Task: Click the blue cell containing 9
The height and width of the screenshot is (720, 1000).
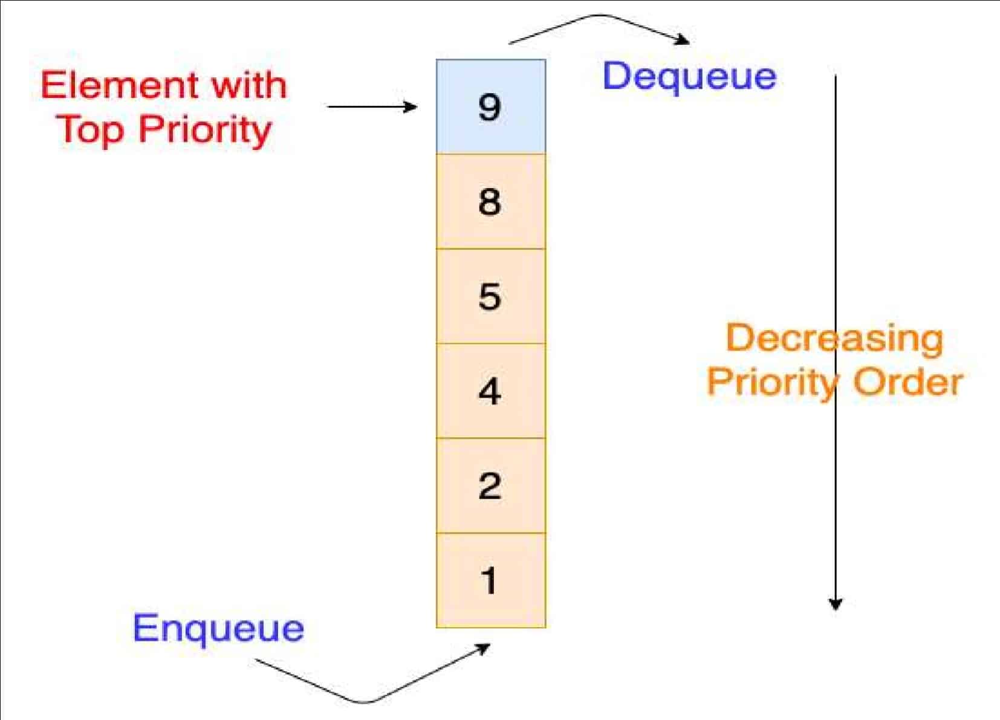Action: click(x=490, y=106)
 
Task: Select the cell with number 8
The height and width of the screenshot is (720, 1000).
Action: click(x=490, y=201)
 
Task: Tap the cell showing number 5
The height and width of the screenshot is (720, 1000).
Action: click(x=490, y=296)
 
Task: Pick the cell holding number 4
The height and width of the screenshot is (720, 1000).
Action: click(x=490, y=391)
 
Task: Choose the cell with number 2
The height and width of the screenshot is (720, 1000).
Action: click(x=490, y=486)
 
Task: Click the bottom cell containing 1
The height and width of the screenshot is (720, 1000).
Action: click(x=490, y=580)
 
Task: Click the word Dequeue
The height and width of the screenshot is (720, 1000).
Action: click(x=689, y=77)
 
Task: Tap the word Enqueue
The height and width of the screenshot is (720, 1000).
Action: click(x=218, y=629)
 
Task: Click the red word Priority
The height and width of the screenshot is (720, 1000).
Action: click(x=205, y=130)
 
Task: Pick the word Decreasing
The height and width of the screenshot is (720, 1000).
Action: click(x=834, y=339)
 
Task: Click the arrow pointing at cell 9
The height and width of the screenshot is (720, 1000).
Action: click(x=372, y=107)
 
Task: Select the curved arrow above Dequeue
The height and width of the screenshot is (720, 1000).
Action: click(x=599, y=24)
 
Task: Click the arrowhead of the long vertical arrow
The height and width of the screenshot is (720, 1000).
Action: click(x=835, y=605)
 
